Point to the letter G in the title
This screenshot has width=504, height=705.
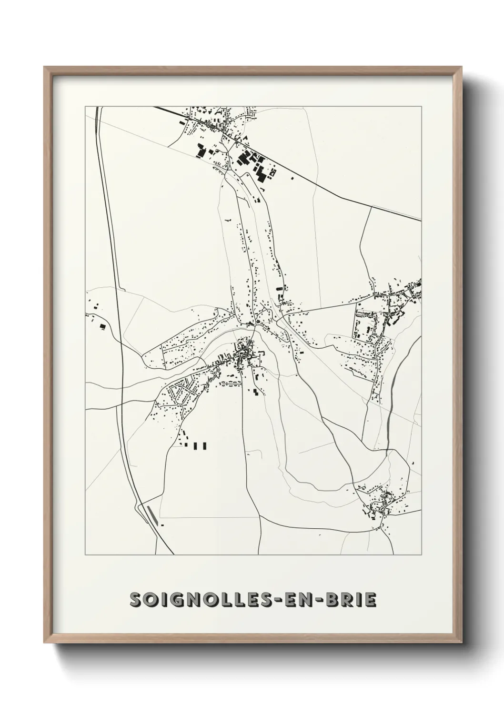coord(172,600)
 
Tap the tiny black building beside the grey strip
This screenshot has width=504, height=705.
coord(162,525)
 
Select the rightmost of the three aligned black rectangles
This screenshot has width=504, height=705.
coord(205,446)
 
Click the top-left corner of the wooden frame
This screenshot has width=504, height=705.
coord(45,68)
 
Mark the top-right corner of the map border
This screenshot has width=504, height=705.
coord(421,107)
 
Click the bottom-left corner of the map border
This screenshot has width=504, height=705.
coord(85,555)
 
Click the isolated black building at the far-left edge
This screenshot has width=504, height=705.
coord(102,326)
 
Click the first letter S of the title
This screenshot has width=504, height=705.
coord(136,600)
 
